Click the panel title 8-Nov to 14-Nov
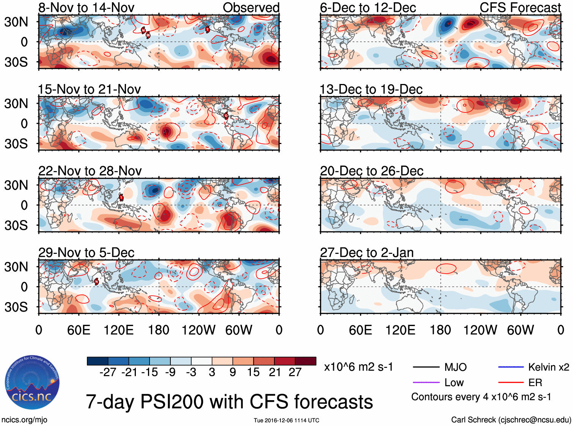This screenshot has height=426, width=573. coord(86,8)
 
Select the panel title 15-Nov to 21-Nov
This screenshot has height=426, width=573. coord(89,89)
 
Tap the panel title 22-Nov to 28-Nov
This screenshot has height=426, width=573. coord(90,171)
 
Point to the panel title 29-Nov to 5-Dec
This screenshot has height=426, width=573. coord(87,253)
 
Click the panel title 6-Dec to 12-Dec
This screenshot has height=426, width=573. coord(368,8)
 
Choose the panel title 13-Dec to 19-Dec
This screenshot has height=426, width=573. coord(371,89)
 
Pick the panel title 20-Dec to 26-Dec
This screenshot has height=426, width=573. coord(372,171)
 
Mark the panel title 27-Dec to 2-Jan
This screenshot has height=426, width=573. coord(367,253)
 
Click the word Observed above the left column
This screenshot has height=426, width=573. coord(251,8)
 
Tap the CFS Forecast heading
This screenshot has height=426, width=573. coord(520,8)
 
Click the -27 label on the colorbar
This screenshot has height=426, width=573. coord(108,372)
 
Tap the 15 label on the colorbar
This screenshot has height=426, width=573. coord(253,372)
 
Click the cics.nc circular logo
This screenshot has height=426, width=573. coord(32,383)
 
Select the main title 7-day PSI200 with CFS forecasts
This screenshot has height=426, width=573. coord(229,402)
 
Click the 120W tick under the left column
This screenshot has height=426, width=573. coord(198,330)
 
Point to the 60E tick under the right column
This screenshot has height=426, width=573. coord(360,330)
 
